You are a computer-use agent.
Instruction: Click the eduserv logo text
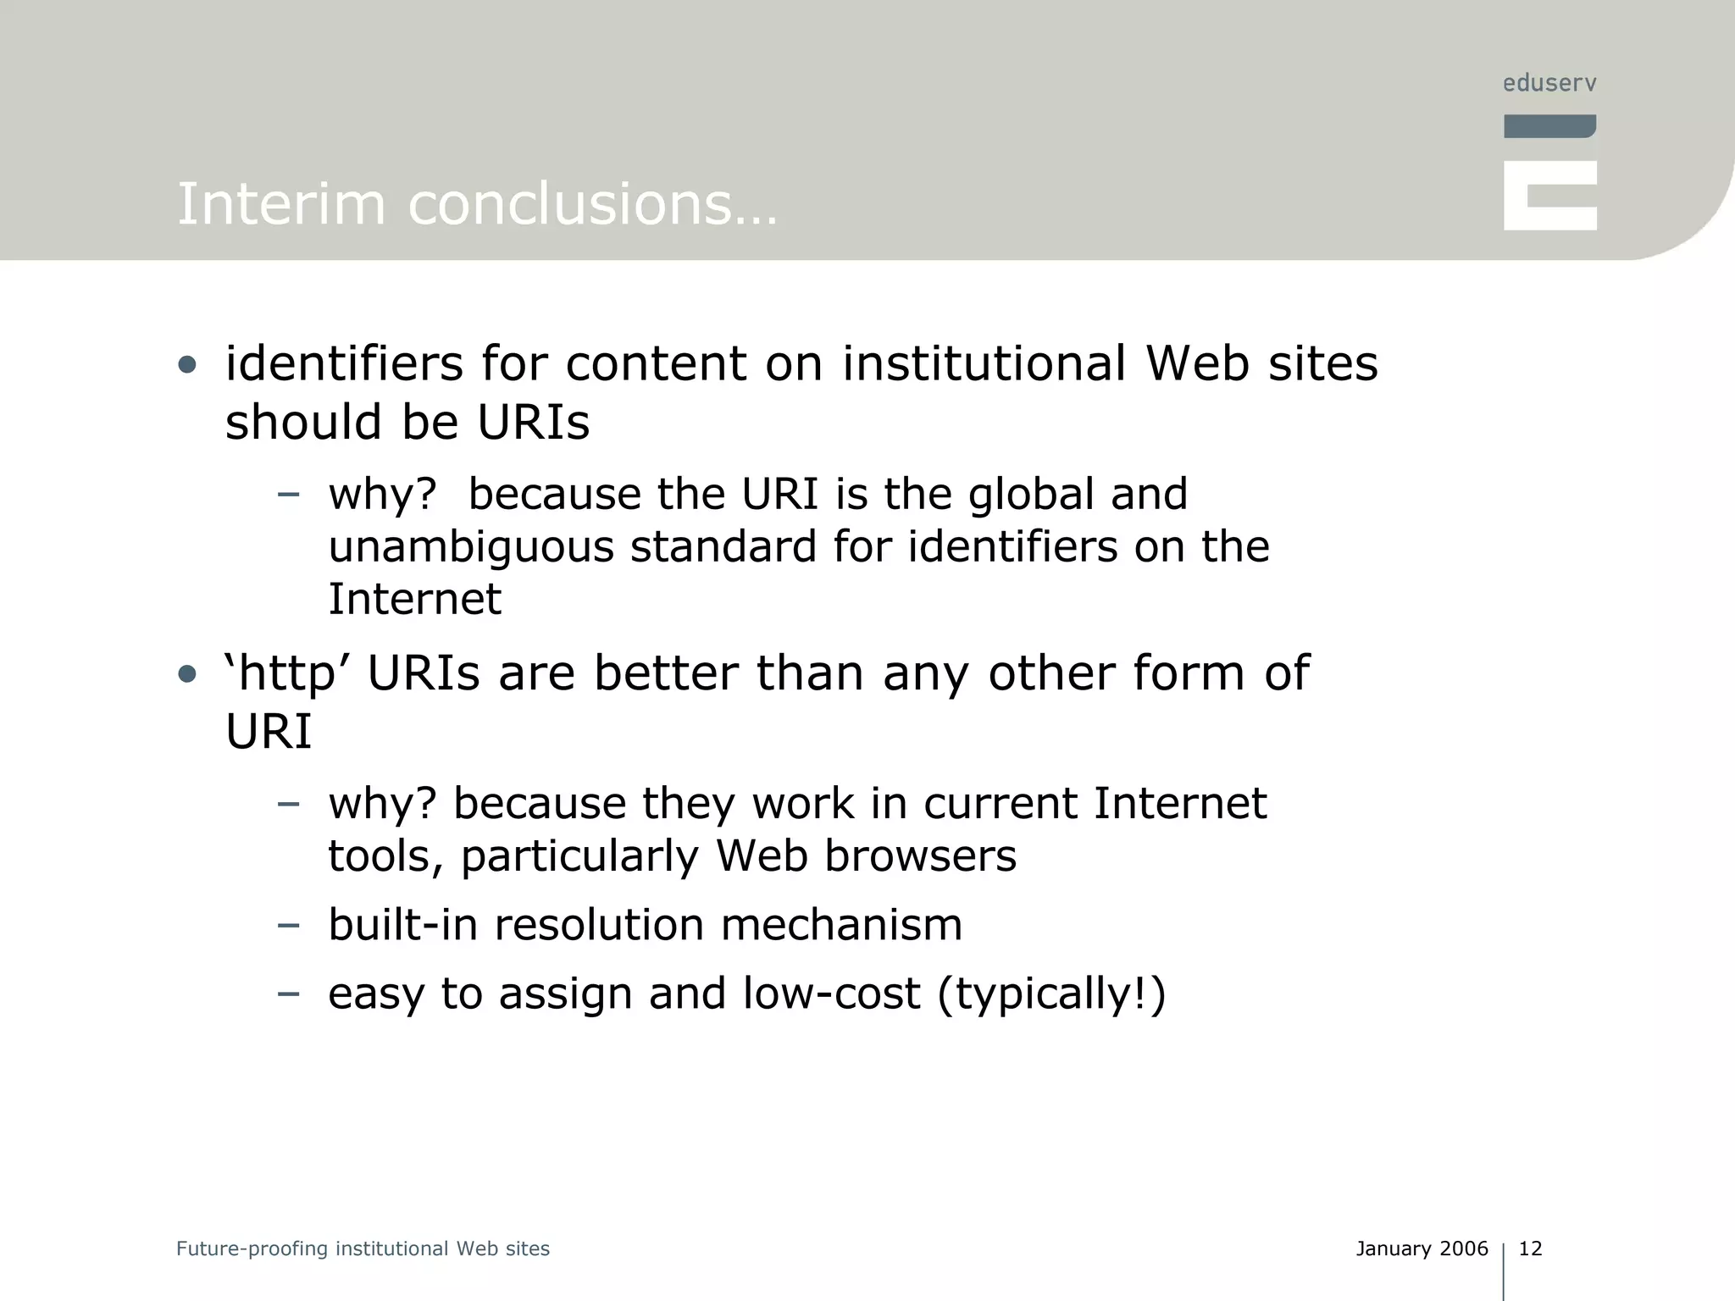point(1549,83)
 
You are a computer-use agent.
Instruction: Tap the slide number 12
point(1530,1248)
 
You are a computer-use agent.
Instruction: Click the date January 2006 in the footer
point(1422,1248)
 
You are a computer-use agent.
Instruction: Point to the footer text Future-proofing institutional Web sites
point(363,1248)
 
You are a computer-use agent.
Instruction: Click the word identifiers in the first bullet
point(344,364)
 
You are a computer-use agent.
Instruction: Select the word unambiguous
point(471,547)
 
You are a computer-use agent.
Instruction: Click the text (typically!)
point(1051,994)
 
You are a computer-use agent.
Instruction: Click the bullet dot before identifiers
point(187,366)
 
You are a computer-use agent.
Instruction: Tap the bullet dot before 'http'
point(187,675)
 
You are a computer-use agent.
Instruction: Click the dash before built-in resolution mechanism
point(288,924)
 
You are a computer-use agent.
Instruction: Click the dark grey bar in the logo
point(1549,126)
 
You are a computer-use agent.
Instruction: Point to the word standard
point(723,547)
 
